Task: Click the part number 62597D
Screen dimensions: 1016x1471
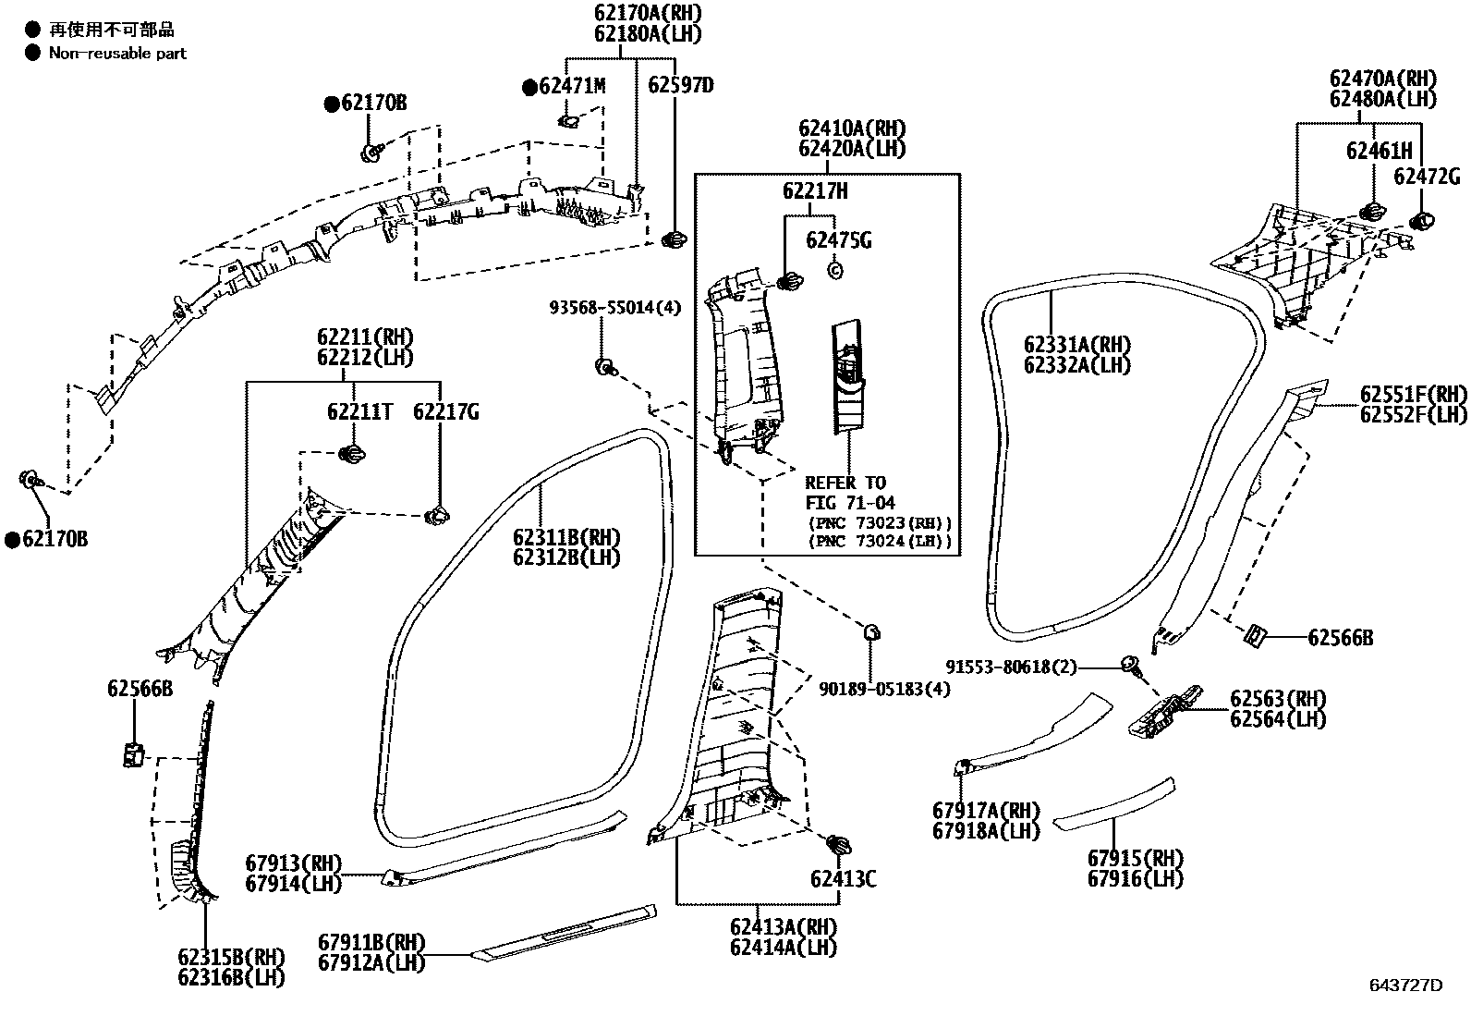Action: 680,85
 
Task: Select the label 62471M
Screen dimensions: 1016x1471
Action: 572,86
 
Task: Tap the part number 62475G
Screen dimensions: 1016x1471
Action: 838,240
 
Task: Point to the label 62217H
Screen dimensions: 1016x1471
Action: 814,191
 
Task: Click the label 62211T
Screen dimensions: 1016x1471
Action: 359,412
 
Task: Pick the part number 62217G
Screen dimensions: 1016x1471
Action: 445,412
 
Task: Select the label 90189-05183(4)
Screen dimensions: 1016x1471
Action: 884,689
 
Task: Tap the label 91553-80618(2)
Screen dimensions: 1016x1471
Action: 1011,667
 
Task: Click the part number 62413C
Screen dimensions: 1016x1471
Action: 843,878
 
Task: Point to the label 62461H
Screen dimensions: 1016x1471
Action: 1379,151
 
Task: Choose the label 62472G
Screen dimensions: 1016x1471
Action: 1427,176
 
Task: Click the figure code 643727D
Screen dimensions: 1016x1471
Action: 1405,985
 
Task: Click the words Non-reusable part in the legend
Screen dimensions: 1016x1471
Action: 117,53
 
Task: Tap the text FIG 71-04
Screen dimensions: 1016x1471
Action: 845,503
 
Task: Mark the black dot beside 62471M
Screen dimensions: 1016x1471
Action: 529,88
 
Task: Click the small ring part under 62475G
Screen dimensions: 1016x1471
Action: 834,270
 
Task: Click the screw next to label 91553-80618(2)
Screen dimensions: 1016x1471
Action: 1130,664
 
